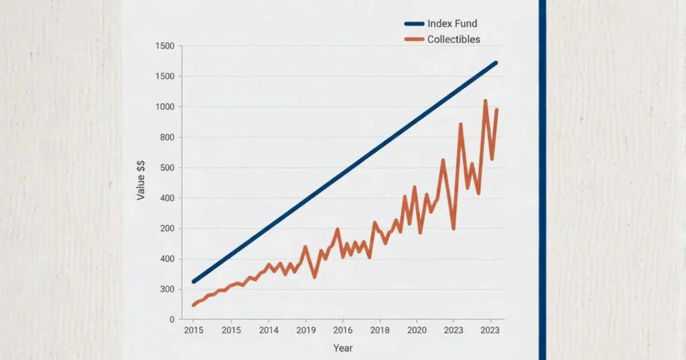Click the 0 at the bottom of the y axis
[171, 320]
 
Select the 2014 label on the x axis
[269, 331]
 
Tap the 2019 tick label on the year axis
[305, 331]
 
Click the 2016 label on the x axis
[342, 331]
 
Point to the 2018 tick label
[380, 331]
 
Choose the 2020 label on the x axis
[417, 331]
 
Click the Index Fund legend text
[452, 24]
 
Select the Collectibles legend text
[454, 40]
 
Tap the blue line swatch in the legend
[413, 24]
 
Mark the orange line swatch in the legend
[413, 40]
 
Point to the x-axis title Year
[342, 348]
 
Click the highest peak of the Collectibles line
[485, 101]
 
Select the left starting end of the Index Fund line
[194, 282]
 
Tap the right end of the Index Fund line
[496, 62]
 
